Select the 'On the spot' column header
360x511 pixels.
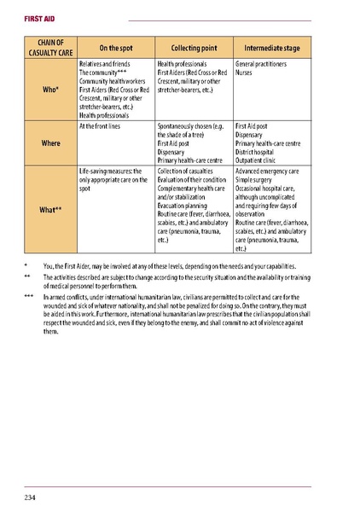click(115, 48)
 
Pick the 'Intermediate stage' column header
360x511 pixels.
click(272, 48)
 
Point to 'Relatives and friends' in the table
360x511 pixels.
click(105, 64)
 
